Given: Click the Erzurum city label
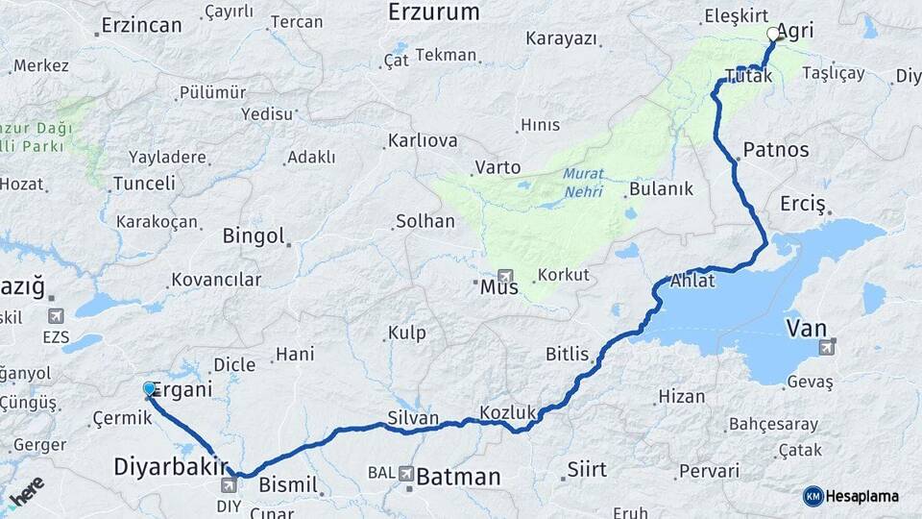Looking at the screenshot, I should coord(433,12).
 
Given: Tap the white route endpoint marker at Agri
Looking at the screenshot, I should coord(773,35).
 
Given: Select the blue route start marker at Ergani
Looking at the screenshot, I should coord(149,388).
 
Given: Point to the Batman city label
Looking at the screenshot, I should coord(458,477).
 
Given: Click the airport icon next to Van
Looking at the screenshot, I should coord(828,343).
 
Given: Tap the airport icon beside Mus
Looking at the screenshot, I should coord(506,276).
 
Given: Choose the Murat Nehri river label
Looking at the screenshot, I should coord(583,183).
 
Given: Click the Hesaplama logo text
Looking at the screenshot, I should coord(863,496).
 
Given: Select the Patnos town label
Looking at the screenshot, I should coord(775,150).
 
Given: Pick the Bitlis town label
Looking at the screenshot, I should coord(567,354).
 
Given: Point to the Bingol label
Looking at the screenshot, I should coord(254,235).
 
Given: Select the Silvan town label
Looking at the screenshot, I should coord(413,418).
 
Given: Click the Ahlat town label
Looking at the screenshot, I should coord(691,282).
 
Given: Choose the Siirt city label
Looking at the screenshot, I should coord(587,469).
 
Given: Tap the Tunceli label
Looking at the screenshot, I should coord(144,183).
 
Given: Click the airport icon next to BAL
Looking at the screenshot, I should coord(406,474).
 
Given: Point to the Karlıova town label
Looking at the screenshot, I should coord(423,140).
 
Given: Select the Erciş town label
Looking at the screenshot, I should coord(803,204).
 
